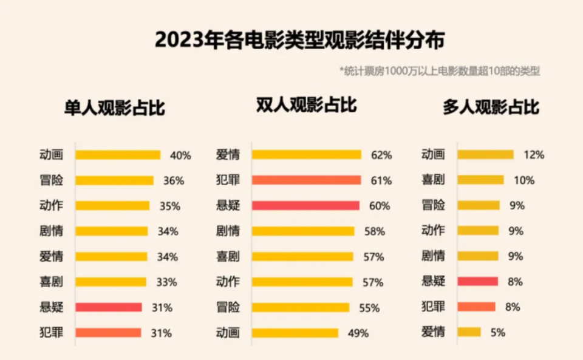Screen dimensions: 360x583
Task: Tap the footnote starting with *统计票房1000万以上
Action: coord(440,71)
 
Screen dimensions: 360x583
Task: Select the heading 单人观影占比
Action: coord(114,108)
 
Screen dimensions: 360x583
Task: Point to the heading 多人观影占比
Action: coord(491,107)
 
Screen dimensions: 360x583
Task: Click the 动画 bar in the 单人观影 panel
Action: coord(118,155)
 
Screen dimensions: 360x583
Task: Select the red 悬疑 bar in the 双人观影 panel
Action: coord(305,206)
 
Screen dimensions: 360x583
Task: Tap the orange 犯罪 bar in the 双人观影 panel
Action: coord(306,180)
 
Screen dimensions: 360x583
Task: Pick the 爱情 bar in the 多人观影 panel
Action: coord(469,332)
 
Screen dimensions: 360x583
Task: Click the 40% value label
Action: coord(180,155)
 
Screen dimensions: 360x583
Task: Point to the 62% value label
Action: coord(381,155)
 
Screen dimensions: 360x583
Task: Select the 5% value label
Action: coord(497,333)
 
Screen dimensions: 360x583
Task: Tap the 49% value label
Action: coord(358,333)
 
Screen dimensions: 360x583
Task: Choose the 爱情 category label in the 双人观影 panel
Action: coord(228,155)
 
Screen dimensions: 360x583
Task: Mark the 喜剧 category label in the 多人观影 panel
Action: coord(434,180)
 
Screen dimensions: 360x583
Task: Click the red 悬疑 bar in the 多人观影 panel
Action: coord(477,282)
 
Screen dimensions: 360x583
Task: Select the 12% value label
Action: coord(534,155)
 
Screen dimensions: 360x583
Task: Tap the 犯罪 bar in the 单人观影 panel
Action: coord(108,333)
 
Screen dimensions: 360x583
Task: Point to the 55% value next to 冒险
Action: coord(369,308)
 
